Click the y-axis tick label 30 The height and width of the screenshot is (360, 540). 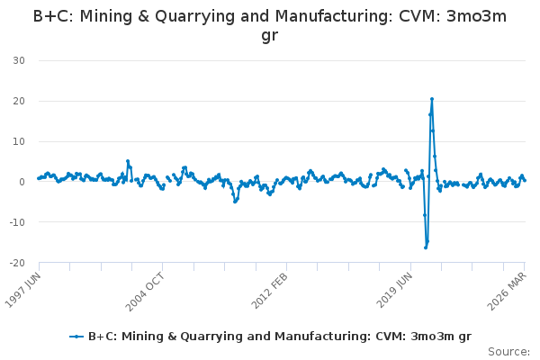click(x=19, y=60)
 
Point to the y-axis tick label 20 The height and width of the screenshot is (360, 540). click(x=19, y=101)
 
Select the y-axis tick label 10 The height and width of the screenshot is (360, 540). click(x=19, y=141)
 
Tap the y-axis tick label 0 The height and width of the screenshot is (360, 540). click(x=22, y=182)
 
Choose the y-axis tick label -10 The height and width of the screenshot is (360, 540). click(x=17, y=222)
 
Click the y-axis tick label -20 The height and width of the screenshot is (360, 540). click(x=17, y=263)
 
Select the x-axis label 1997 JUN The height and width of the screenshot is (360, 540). click(x=23, y=290)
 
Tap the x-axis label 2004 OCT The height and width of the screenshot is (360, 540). click(x=145, y=292)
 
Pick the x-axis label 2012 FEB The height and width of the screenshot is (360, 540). click(x=269, y=291)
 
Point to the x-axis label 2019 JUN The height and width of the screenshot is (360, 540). click(x=394, y=290)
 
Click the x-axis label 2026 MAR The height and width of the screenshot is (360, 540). click(x=507, y=292)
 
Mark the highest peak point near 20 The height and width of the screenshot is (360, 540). click(x=432, y=99)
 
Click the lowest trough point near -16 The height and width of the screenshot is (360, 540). click(x=426, y=247)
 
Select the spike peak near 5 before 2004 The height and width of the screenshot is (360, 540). click(x=128, y=161)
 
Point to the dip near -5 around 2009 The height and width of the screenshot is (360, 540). click(x=235, y=202)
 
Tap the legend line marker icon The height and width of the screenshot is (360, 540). click(x=76, y=337)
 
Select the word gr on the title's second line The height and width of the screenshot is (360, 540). click(x=270, y=35)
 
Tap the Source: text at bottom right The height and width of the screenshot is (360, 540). click(x=509, y=352)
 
